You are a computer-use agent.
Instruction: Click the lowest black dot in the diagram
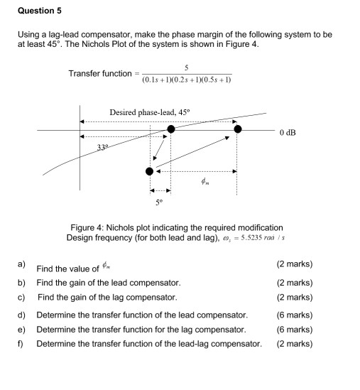coord(149,171)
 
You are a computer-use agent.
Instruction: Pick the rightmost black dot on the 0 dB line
coord(238,129)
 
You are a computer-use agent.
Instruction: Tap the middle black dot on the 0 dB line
coord(171,129)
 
